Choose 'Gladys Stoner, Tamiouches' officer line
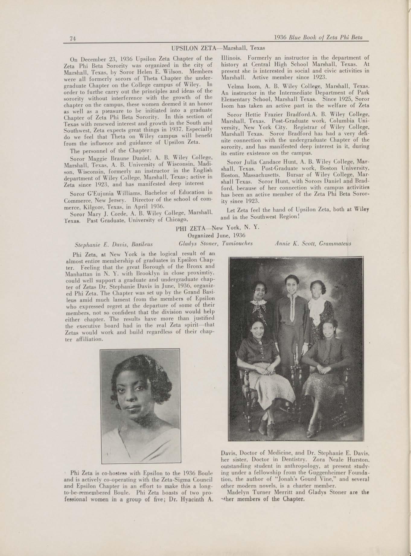(215, 243)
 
